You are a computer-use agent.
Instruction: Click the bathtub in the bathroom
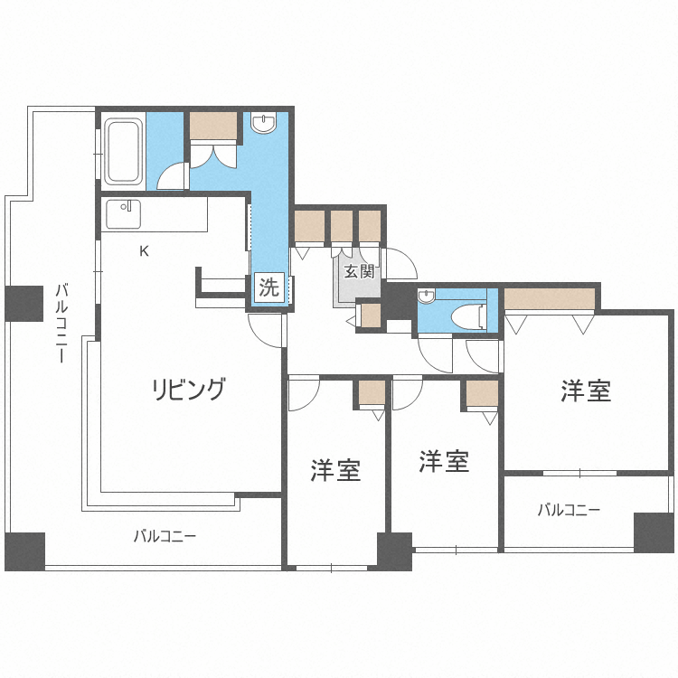(x=123, y=151)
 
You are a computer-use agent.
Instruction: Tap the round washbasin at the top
(x=263, y=123)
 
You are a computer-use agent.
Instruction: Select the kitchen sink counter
(x=124, y=214)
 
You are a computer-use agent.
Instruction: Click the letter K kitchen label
(x=143, y=251)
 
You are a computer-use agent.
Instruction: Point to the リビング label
(x=187, y=390)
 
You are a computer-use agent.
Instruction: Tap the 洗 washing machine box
(x=268, y=288)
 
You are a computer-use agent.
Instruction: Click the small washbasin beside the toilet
(x=426, y=297)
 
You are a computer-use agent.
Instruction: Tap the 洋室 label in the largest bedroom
(x=585, y=391)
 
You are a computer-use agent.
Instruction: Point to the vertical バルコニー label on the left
(x=61, y=323)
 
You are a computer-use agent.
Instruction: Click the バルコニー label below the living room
(x=165, y=536)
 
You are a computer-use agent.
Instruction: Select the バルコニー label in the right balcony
(x=569, y=510)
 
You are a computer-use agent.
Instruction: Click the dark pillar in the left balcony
(x=24, y=304)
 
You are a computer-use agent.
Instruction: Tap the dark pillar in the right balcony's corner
(x=654, y=532)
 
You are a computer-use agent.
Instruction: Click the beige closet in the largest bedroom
(x=550, y=298)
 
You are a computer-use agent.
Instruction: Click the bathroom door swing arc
(x=172, y=177)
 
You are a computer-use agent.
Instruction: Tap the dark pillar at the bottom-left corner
(x=24, y=551)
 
